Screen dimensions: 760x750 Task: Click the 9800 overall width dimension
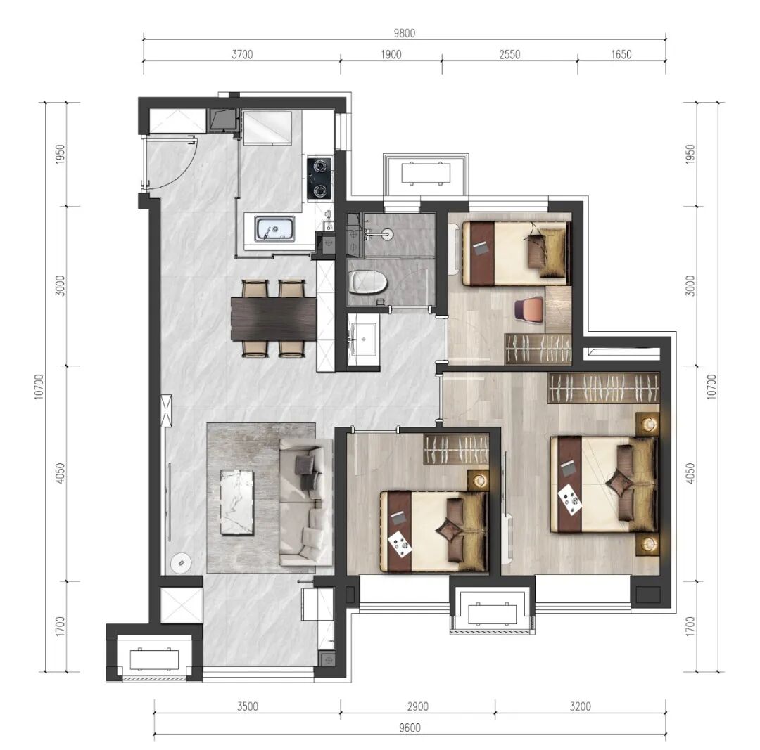point(404,33)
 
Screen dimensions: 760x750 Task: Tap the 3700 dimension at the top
point(242,54)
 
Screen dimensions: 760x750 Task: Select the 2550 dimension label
point(509,54)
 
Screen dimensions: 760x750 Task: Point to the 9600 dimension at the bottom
point(410,728)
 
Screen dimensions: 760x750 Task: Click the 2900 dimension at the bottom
point(417,706)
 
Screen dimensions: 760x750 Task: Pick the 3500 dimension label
point(247,706)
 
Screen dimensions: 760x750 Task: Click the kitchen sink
point(275,228)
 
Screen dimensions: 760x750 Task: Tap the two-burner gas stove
point(319,178)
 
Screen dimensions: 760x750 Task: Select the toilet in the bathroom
point(368,283)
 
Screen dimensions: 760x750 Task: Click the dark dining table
point(274,318)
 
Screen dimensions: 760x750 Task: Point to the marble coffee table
point(238,502)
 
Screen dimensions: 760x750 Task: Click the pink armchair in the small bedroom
point(528,309)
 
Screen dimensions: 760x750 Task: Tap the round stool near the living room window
point(181,562)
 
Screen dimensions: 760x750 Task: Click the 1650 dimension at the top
point(621,54)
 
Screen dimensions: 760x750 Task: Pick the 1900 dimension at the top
point(391,54)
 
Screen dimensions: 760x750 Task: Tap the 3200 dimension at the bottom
point(580,706)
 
